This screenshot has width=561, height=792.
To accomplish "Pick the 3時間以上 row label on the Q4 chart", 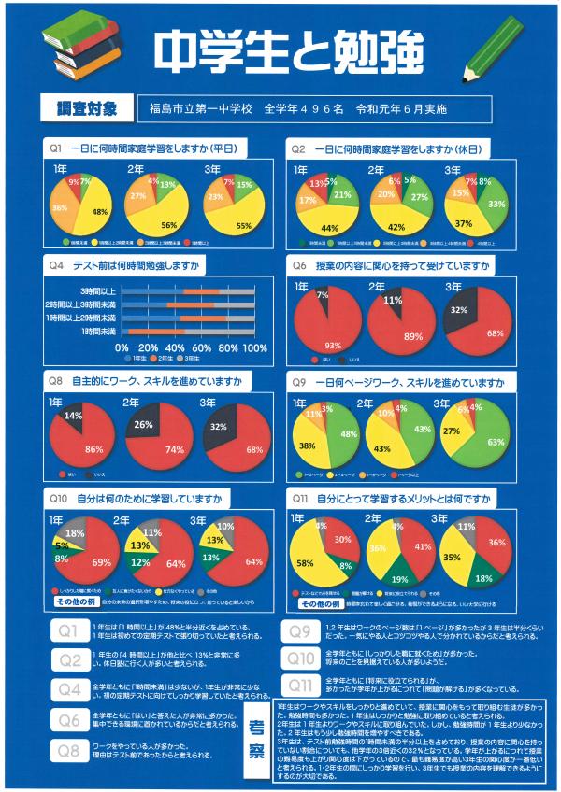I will (x=97, y=291).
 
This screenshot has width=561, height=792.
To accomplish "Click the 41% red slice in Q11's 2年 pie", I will (x=422, y=547).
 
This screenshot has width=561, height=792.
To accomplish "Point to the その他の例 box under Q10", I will (x=78, y=602).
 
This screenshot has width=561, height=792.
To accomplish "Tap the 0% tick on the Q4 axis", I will (x=122, y=347).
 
